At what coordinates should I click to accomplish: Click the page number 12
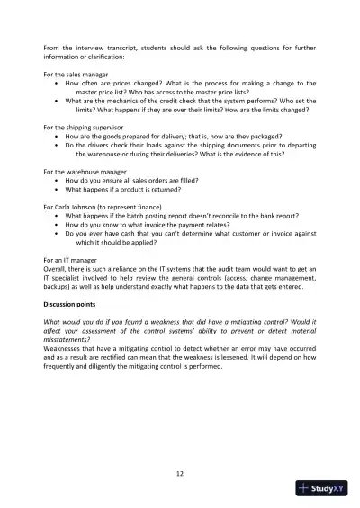[x=180, y=473]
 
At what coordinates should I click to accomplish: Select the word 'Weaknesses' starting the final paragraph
[x=64, y=335]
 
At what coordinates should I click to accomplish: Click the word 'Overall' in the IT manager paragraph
[x=56, y=268]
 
